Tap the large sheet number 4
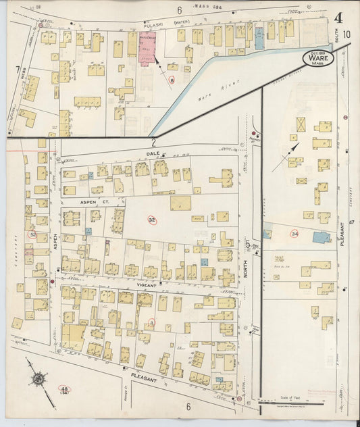tap(336, 18)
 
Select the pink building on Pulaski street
tap(147, 48)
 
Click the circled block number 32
tap(152, 220)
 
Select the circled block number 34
tap(294, 234)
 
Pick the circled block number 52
tap(32, 234)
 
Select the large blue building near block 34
tap(322, 237)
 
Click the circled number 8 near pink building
tap(172, 80)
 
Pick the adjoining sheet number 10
tap(346, 34)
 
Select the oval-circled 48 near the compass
tap(65, 391)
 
